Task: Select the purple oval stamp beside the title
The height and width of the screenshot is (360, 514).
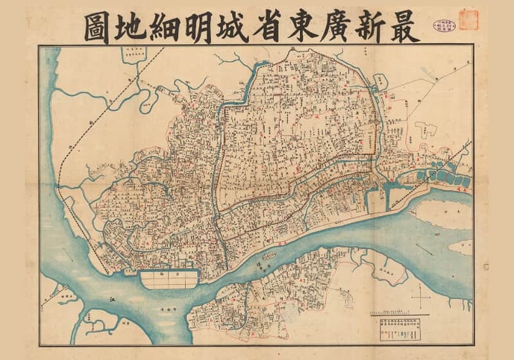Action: pos(444,23)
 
